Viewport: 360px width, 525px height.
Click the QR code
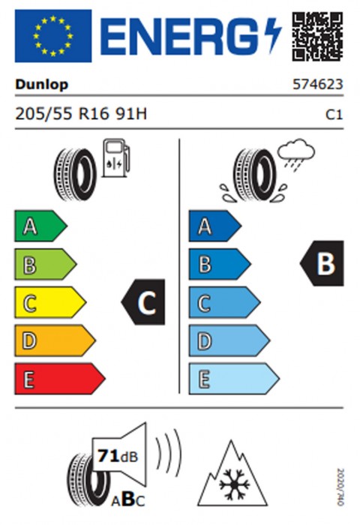317,36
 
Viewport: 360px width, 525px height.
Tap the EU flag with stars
53,36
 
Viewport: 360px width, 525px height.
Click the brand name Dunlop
41,85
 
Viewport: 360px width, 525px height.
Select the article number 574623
318,84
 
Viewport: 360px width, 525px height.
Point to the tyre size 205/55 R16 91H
81,114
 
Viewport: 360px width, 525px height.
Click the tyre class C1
334,115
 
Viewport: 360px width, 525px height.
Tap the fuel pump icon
115,157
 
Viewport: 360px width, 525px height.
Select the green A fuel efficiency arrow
40,226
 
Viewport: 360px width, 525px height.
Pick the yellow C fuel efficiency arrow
50,302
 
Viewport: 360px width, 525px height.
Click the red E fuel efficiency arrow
59,379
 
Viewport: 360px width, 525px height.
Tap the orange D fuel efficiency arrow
55,340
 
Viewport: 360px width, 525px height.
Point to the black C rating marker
143,302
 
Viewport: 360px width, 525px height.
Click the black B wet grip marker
322,263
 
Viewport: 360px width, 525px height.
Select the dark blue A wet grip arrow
215,226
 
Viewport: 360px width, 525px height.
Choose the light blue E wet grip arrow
234,379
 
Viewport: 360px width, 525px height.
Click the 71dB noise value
117,456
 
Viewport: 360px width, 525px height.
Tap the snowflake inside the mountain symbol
235,484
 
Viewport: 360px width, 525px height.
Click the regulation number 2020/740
340,487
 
